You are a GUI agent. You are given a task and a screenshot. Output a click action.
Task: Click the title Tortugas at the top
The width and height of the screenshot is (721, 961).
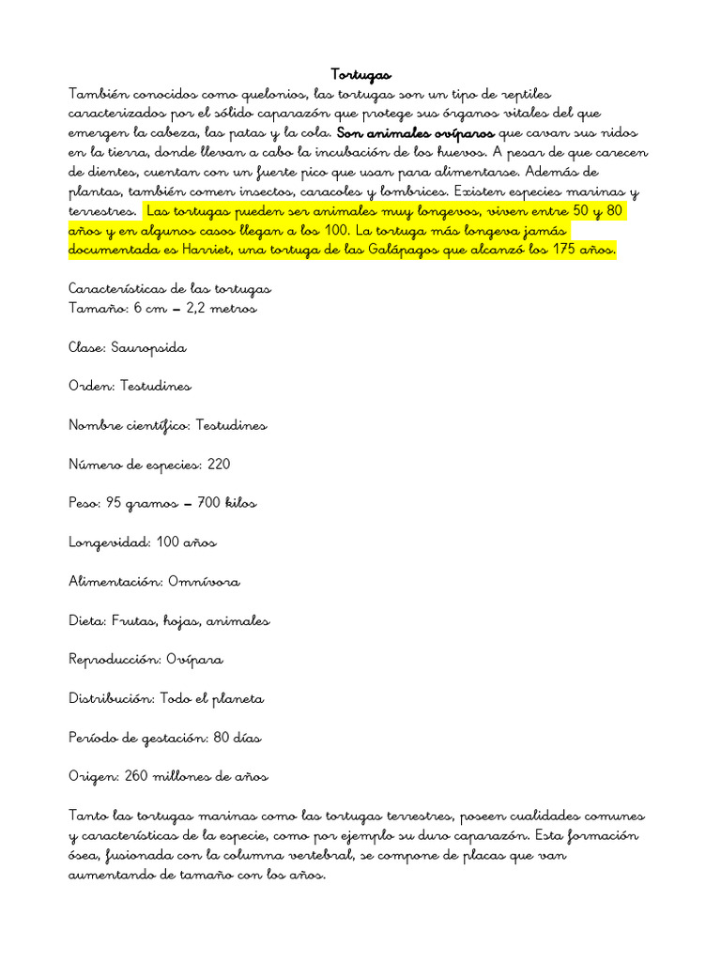tap(361, 74)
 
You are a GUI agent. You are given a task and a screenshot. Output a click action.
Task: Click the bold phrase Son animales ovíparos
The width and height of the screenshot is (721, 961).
tap(415, 133)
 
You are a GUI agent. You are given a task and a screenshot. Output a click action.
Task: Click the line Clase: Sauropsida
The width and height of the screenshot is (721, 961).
tap(128, 347)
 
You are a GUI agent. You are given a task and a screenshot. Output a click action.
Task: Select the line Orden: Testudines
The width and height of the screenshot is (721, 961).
tap(130, 386)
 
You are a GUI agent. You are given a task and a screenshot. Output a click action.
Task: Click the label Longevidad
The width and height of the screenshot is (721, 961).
tap(110, 542)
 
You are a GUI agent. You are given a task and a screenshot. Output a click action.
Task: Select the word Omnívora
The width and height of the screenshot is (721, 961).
tap(204, 581)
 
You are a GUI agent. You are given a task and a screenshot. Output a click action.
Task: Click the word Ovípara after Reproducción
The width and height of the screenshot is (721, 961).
tap(195, 659)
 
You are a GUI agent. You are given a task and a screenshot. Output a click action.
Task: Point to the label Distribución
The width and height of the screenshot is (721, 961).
tap(111, 698)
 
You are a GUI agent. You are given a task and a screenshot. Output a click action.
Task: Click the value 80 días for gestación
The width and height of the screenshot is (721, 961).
tap(237, 738)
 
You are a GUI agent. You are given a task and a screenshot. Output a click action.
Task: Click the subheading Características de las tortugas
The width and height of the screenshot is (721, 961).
tap(170, 289)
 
